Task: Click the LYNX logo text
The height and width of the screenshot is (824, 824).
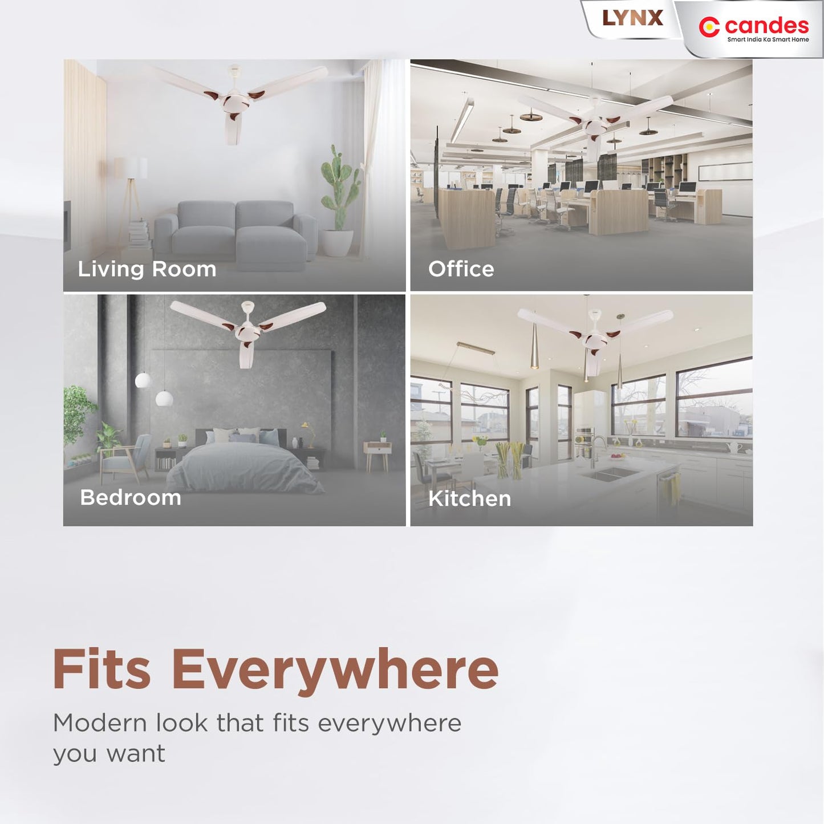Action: click(x=632, y=18)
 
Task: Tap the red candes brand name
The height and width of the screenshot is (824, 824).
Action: click(x=766, y=26)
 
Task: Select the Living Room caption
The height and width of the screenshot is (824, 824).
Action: click(x=147, y=269)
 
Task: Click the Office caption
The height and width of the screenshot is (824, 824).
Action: click(x=461, y=269)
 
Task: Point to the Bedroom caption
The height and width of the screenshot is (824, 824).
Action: click(x=131, y=498)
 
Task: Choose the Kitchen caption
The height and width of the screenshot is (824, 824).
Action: click(x=469, y=499)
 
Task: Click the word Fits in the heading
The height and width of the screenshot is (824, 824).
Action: click(x=102, y=670)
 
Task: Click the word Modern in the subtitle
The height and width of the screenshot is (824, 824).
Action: click(x=100, y=723)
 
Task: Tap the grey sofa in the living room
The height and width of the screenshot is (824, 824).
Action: click(x=236, y=234)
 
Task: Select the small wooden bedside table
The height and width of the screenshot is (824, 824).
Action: click(x=378, y=453)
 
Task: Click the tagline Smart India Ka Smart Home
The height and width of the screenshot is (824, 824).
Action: click(x=768, y=40)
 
